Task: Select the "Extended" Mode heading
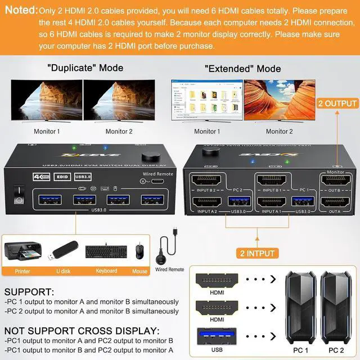(x=243, y=69)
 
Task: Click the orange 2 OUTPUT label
(x=337, y=103)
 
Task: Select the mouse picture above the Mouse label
(x=139, y=251)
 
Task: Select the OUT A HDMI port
(x=335, y=203)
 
